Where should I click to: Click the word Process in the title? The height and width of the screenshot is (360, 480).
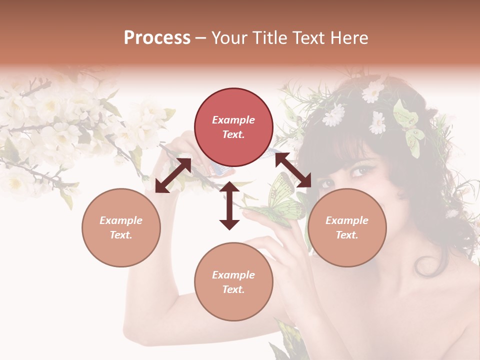pos(157,38)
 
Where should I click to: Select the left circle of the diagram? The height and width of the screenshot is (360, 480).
pos(121,227)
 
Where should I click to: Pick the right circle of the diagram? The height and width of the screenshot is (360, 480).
pos(347,227)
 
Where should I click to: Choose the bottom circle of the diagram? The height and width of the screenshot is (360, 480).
pos(233,281)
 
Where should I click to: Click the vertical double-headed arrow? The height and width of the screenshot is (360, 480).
pos(229,205)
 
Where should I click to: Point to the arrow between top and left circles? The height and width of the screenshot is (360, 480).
pos(173,175)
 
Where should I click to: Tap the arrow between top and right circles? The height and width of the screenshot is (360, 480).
pos(293,170)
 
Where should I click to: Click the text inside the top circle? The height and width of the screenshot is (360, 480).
pos(233,127)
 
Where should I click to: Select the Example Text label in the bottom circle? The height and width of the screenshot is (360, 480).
pos(233,282)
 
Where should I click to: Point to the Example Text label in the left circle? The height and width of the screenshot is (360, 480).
pos(121,227)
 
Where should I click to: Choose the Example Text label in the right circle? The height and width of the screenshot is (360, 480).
pos(347,227)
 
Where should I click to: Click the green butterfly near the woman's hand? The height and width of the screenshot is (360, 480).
pos(282,202)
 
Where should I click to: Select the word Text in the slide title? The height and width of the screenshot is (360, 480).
pos(307,38)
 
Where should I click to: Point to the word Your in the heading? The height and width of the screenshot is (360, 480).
pos(228,38)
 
